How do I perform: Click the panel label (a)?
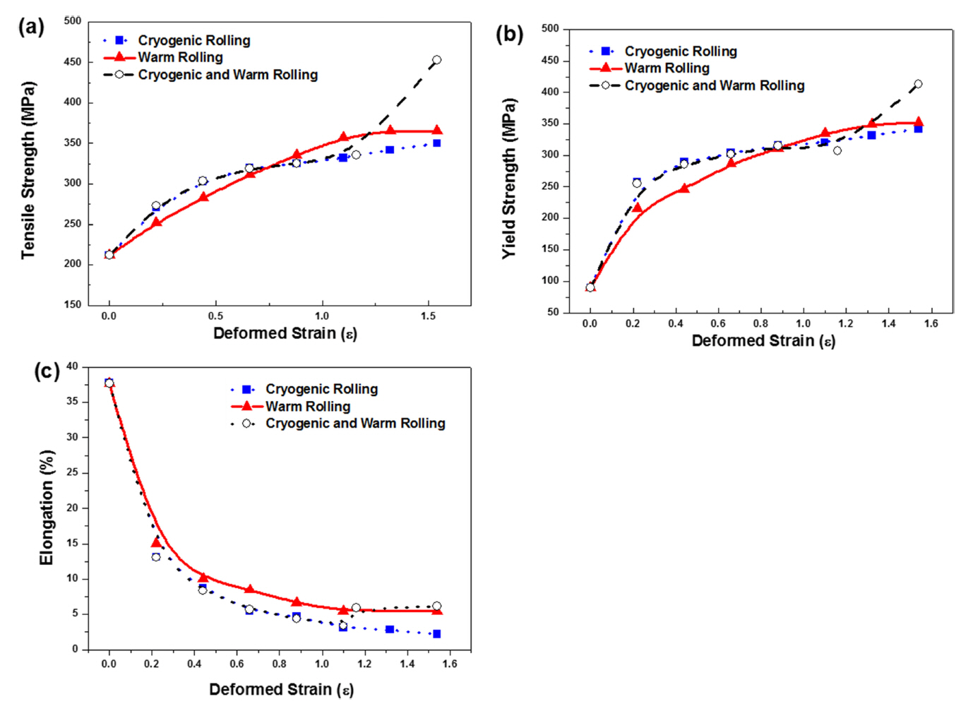(x=31, y=28)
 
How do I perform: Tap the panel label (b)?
(x=509, y=34)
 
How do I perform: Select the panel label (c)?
(x=47, y=371)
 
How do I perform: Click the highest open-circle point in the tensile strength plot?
(x=436, y=60)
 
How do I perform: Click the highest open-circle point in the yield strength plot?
(x=918, y=84)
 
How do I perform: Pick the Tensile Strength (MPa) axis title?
(x=28, y=169)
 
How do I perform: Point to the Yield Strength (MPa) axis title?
(x=509, y=178)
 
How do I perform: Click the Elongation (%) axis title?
(x=47, y=507)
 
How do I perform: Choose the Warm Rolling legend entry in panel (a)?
(x=180, y=57)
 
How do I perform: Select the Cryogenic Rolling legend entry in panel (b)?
(x=680, y=52)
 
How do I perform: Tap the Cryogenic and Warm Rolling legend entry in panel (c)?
(x=354, y=424)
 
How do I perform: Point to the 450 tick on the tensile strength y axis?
(x=73, y=62)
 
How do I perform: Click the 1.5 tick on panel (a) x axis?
(x=429, y=316)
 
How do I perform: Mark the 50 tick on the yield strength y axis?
(x=552, y=312)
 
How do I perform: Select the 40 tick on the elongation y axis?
(x=73, y=366)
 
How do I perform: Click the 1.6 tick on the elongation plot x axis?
(x=450, y=664)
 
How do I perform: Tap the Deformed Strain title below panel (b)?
(x=763, y=341)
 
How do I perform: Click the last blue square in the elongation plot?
(x=436, y=634)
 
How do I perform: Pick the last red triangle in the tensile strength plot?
(x=436, y=131)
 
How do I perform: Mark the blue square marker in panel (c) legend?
(x=247, y=389)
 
